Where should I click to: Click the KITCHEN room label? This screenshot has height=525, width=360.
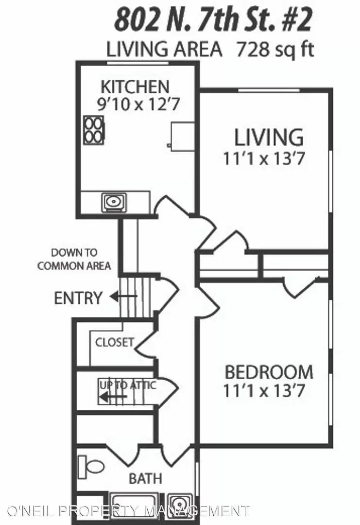135,87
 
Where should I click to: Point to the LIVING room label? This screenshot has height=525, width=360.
269,137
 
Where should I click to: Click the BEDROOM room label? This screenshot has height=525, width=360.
269,373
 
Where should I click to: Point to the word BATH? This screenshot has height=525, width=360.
145,478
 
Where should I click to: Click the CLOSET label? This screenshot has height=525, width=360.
115,342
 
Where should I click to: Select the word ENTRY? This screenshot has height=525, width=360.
78,298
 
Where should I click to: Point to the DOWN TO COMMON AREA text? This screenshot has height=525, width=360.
74,259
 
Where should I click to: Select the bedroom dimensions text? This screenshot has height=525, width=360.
264,391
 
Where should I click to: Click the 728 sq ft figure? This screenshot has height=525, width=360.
274,49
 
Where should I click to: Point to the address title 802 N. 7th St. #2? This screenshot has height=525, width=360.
212,21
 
